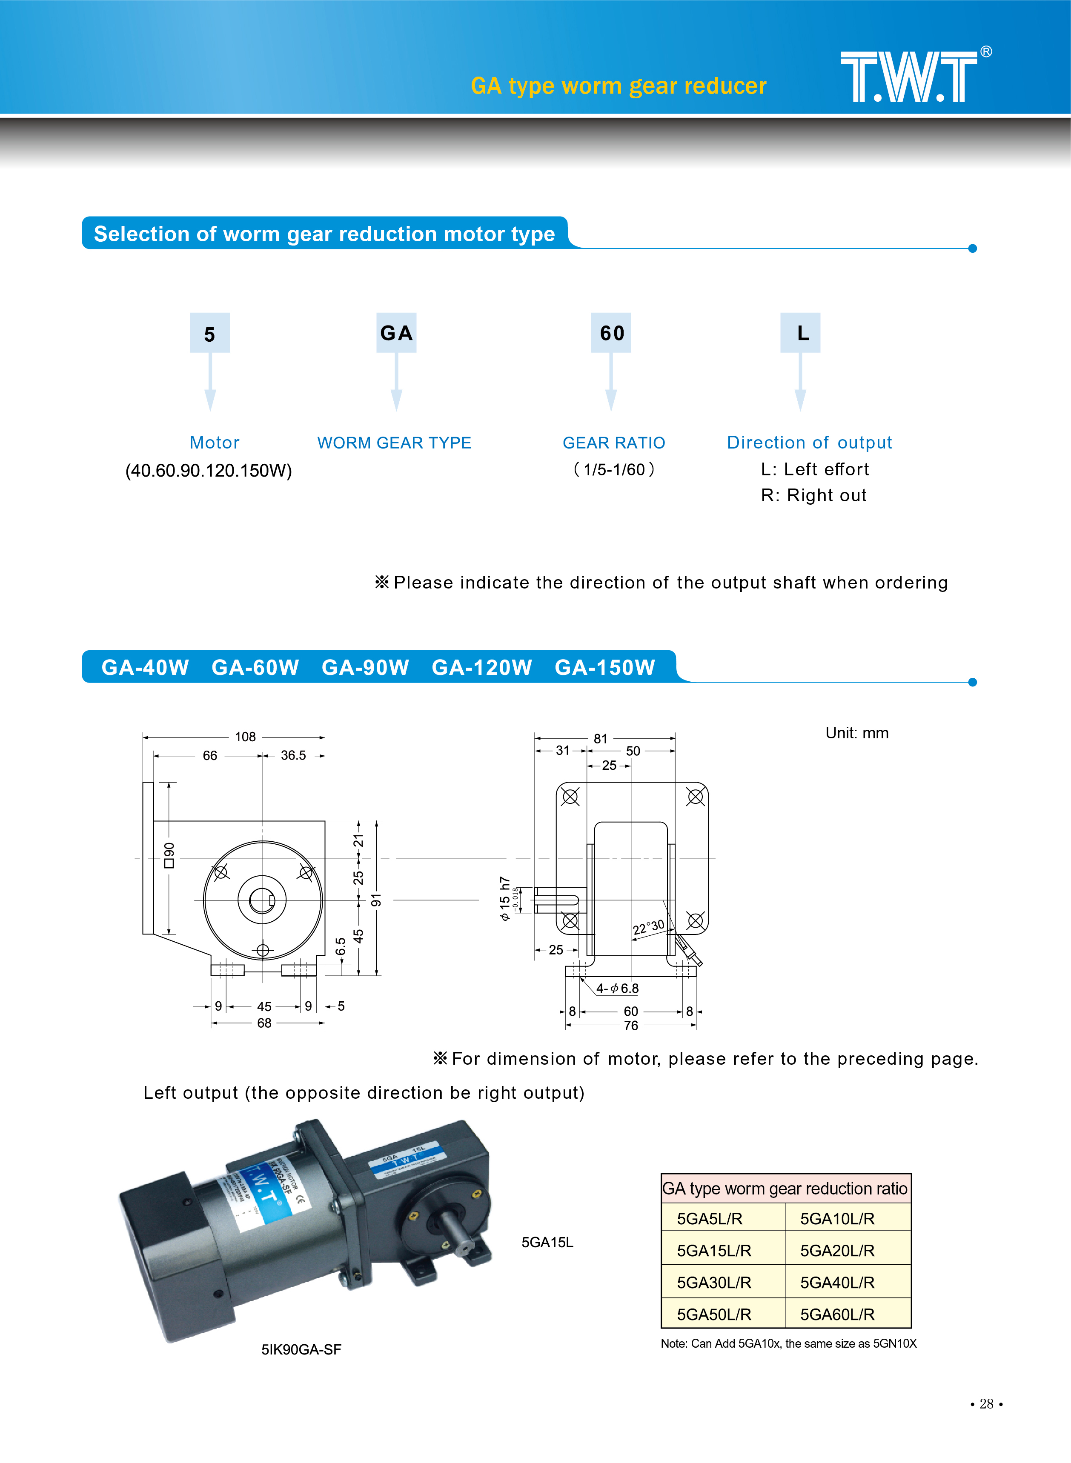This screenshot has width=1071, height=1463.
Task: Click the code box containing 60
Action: pyautogui.click(x=611, y=333)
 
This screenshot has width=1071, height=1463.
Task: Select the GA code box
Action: pyautogui.click(x=396, y=333)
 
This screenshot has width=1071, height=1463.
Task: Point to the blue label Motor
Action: pyautogui.click(x=215, y=443)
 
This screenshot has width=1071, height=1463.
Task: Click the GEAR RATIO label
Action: pyautogui.click(x=613, y=443)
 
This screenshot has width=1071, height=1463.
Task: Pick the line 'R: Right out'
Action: pyautogui.click(x=813, y=496)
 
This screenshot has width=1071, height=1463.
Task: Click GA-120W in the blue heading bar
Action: pyautogui.click(x=482, y=667)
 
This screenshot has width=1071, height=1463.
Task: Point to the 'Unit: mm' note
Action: pyautogui.click(x=856, y=733)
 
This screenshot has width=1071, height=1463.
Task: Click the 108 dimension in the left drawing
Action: pyautogui.click(x=245, y=737)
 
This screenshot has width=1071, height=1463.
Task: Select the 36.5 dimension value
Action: pyautogui.click(x=293, y=755)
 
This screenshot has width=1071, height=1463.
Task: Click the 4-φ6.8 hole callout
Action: pyautogui.click(x=617, y=988)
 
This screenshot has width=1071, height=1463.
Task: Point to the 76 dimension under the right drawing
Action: pyautogui.click(x=631, y=1026)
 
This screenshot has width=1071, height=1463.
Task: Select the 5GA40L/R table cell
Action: pyautogui.click(x=837, y=1282)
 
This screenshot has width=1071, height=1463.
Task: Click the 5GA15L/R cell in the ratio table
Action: pyautogui.click(x=714, y=1251)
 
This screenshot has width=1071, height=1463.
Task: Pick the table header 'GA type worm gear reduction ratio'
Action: pyautogui.click(x=785, y=1188)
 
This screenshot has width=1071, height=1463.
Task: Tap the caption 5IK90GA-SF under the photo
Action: pyautogui.click(x=301, y=1350)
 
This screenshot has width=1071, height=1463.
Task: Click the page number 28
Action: pyautogui.click(x=986, y=1403)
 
